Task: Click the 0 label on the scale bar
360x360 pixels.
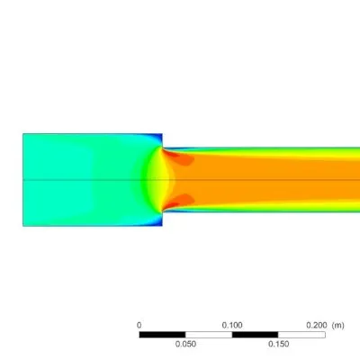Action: click(x=139, y=325)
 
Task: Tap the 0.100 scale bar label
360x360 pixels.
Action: click(x=232, y=325)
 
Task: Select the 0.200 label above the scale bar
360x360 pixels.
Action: click(x=317, y=325)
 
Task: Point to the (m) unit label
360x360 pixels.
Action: click(x=338, y=325)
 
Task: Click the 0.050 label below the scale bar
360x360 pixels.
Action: click(x=185, y=344)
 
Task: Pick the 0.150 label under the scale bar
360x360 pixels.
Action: click(x=279, y=344)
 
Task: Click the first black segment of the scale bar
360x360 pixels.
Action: click(x=162, y=335)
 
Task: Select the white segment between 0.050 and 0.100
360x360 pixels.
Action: click(x=209, y=335)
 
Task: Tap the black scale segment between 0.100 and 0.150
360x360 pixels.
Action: click(x=255, y=335)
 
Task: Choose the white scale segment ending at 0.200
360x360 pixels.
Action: click(x=301, y=335)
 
